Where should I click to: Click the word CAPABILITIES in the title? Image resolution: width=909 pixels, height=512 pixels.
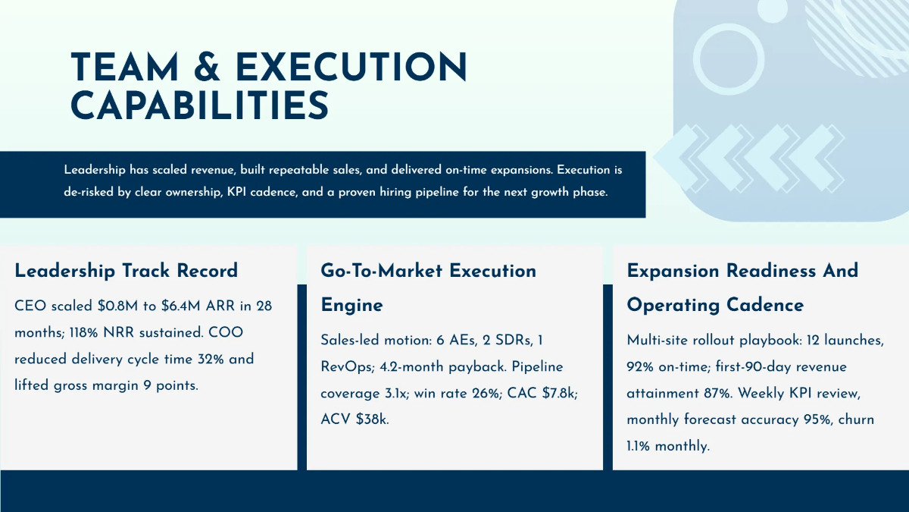200,105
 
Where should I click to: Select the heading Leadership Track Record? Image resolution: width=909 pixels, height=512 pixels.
126,271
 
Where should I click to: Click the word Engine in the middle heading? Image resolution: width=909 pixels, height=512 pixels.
351,305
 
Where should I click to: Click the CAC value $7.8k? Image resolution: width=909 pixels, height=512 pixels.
559,393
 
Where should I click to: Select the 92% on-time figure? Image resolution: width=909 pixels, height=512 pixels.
642,367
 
